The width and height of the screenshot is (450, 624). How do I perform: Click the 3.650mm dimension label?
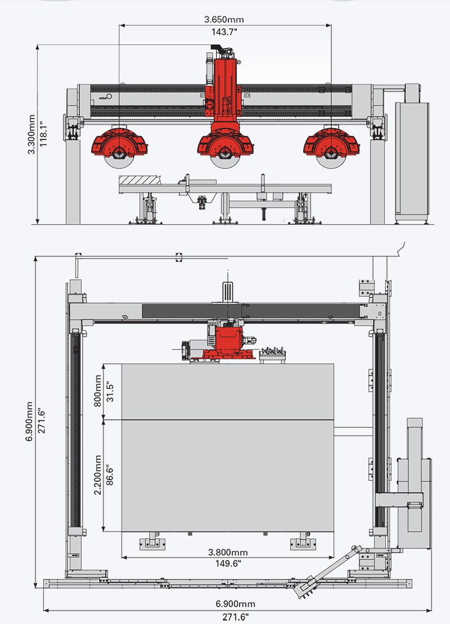click(224, 19)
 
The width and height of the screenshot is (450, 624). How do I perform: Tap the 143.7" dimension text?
click(224, 32)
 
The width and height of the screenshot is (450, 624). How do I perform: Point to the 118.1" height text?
click(44, 134)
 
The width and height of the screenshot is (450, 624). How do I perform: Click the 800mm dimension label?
click(97, 391)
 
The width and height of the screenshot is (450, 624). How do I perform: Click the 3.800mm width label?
click(228, 552)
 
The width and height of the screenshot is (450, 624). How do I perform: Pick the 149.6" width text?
click(228, 563)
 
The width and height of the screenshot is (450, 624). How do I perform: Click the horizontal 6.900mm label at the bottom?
click(236, 604)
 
